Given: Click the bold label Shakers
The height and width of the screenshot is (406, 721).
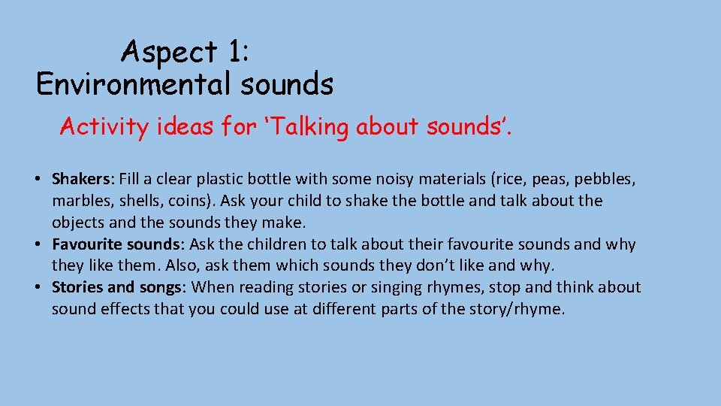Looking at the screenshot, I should click(x=80, y=180).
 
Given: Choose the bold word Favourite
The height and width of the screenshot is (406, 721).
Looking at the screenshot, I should click(x=86, y=244).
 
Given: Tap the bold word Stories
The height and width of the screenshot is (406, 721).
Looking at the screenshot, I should click(x=77, y=287).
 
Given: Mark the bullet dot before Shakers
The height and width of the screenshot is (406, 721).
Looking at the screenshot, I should click(x=37, y=180).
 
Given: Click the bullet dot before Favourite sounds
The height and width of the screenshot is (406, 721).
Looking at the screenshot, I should click(x=37, y=244).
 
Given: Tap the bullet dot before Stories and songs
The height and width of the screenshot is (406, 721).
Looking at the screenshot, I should click(x=37, y=287).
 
